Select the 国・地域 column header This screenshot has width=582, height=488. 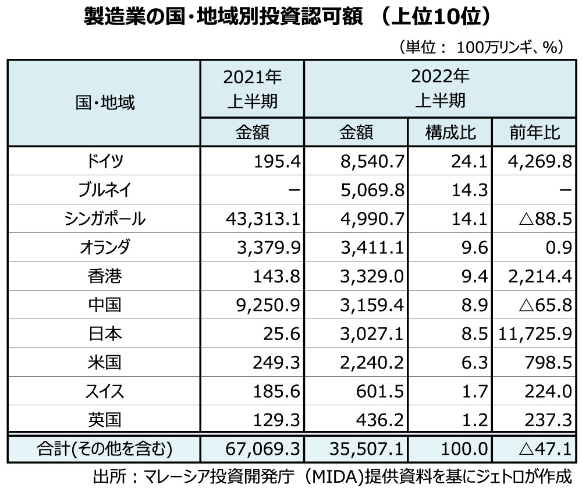click(x=105, y=103)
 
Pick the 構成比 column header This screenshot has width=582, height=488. click(x=450, y=133)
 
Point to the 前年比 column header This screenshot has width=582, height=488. click(x=535, y=133)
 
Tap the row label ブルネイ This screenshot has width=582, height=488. click(x=105, y=190)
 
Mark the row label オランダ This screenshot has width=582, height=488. click(x=105, y=247)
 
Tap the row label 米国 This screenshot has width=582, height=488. click(x=105, y=362)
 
